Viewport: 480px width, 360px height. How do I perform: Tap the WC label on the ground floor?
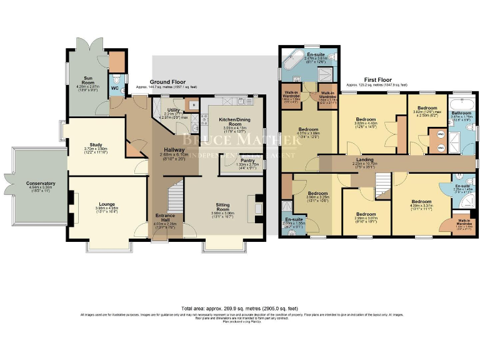[x=115, y=88]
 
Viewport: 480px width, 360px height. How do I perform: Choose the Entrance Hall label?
[x=165, y=218]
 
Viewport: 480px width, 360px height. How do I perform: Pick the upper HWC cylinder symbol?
[x=440, y=133]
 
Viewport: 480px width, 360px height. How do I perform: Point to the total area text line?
[x=239, y=309]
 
